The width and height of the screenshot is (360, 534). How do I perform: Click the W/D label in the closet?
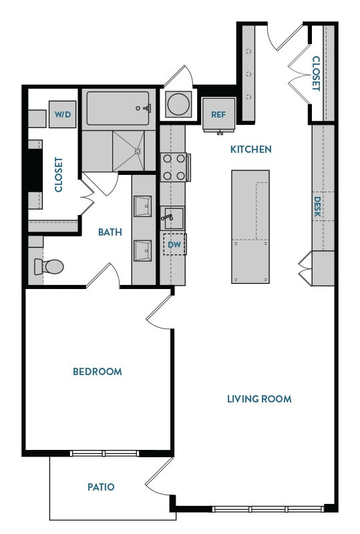point(63,114)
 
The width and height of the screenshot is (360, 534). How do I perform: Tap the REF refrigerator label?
point(218,114)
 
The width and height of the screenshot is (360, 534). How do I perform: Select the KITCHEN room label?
point(251,149)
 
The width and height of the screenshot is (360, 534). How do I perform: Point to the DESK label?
point(318,208)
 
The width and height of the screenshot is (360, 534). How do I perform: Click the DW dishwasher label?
point(174,245)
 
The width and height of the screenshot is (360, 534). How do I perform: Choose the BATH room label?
point(110,232)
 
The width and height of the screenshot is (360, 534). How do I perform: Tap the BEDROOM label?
point(98,371)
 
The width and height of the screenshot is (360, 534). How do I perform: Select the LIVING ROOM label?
point(259,399)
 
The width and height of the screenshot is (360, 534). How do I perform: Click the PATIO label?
point(101,487)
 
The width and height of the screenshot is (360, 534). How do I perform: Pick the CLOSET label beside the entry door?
point(316,73)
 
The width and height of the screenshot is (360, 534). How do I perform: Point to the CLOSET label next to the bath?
point(58,175)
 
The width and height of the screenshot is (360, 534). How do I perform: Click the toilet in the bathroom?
point(49,267)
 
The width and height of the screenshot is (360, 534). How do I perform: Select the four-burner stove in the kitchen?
point(174,167)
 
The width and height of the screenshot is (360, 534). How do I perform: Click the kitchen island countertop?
point(250,226)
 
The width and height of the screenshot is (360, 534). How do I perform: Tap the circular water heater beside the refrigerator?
point(178,104)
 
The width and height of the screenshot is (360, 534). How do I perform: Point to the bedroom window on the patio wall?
point(104,454)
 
